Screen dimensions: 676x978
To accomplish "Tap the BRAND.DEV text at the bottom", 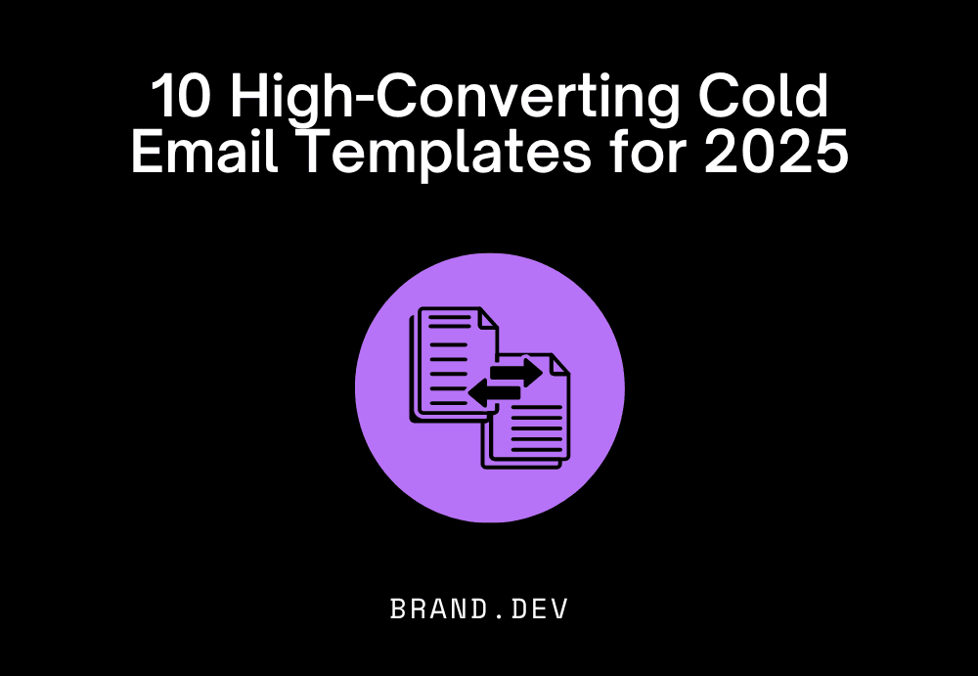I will tap(479, 608).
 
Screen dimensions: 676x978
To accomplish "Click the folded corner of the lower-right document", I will tap(558, 364).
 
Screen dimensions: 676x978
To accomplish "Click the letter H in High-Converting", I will tap(253, 98).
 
